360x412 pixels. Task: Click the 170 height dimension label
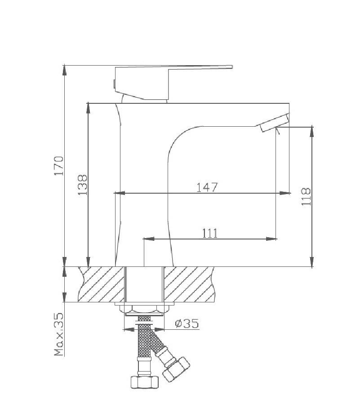point(59,166)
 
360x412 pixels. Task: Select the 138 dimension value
point(83,185)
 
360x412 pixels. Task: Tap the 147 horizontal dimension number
point(207,187)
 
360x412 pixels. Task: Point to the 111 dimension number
point(210,233)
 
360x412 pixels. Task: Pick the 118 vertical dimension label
point(306,197)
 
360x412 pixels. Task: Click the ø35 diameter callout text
point(187,323)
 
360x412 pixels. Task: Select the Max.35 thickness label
point(59,334)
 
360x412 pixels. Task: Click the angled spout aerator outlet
point(274,123)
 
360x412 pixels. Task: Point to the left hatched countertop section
point(101,284)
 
